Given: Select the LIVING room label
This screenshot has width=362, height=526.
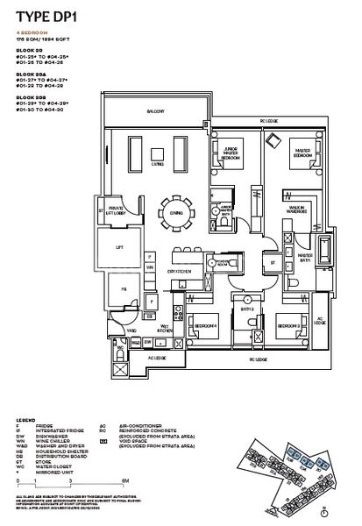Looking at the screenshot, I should point(158,163).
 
